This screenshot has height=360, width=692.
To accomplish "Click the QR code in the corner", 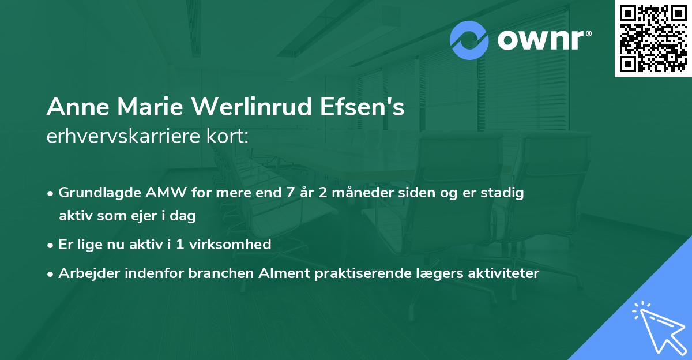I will [x=653, y=39].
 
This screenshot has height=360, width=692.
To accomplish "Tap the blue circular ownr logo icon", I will [x=469, y=40].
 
